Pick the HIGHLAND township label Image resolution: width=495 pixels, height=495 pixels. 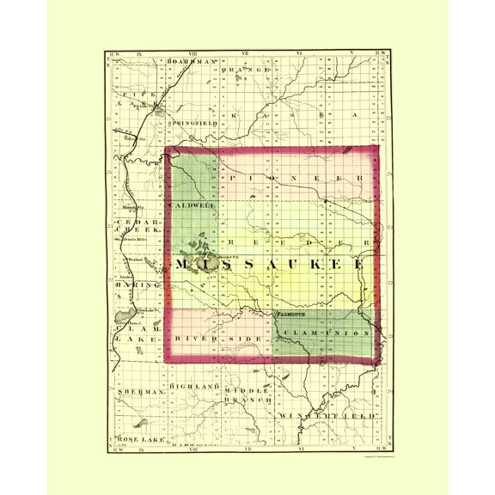(x=190, y=388)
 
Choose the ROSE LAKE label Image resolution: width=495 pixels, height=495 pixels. (x=139, y=439)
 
